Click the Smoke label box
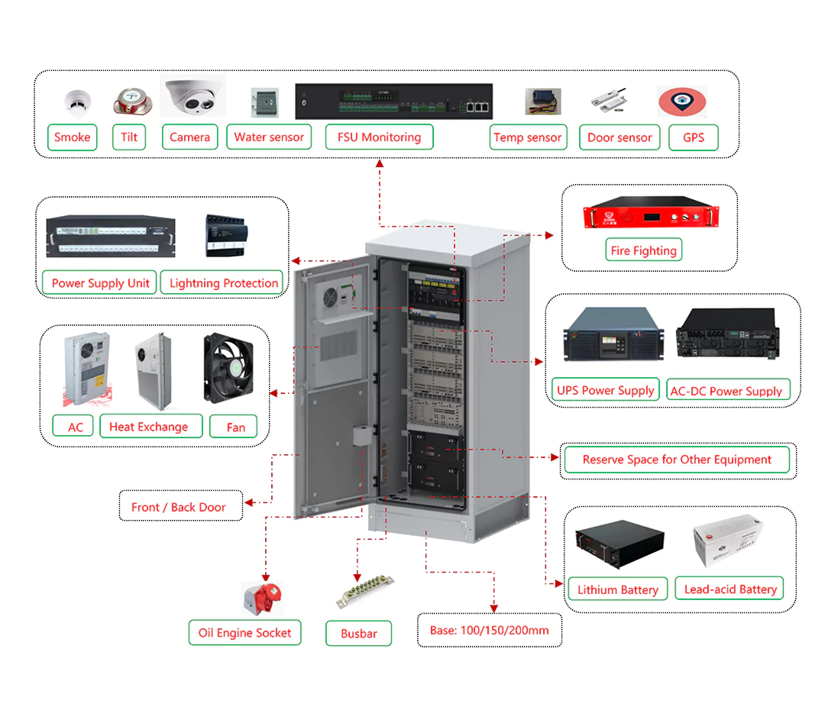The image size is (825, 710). point(73,137)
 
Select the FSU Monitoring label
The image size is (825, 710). point(380,137)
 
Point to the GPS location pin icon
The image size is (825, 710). point(682,102)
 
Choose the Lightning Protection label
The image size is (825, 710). point(224,283)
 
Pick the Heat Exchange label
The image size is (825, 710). point(148,427)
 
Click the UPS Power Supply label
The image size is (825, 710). point(605,390)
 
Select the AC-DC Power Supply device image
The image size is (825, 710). point(726,336)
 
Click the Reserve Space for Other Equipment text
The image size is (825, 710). point(677,460)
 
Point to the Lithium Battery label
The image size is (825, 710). point(617,589)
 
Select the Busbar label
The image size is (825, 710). point(359,634)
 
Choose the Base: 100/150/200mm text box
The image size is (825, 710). point(489,631)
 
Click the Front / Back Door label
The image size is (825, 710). point(179,507)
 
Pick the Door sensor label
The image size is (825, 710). point(620,137)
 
